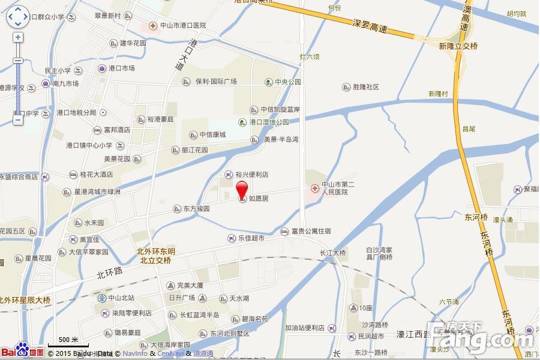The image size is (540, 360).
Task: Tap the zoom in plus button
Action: click(18, 37)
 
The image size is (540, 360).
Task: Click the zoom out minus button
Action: click(18, 120)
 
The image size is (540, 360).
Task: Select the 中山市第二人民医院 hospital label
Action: click(335, 188)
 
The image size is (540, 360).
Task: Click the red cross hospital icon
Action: click(314, 188)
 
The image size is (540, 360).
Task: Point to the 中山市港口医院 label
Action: click(182, 25)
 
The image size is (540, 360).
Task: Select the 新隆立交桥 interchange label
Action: click(458, 46)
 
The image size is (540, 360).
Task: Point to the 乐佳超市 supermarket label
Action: click(251, 238)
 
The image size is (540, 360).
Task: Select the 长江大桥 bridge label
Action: click(333, 253)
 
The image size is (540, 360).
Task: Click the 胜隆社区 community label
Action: click(365, 87)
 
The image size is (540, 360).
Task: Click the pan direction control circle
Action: click(18, 17)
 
